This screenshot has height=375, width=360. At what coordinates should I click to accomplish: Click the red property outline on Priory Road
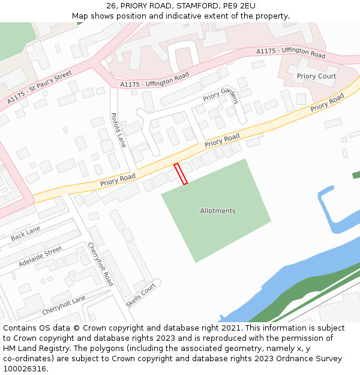pos(181,173)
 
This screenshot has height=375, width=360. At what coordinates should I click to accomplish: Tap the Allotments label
pos(218,211)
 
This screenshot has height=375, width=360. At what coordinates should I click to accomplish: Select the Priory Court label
pos(316,76)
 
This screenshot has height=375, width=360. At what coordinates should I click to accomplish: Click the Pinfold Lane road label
pos(118,130)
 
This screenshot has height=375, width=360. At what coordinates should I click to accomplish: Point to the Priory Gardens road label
pos(221,95)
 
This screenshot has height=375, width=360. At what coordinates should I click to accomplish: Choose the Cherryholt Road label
pos(100,263)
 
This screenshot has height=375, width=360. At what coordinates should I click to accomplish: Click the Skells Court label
pos(141,295)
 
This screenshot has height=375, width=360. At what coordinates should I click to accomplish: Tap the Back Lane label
pos(25,233)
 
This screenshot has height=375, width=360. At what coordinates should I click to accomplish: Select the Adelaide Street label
pos(40,256)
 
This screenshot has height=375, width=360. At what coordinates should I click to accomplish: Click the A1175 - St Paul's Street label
pos(40,88)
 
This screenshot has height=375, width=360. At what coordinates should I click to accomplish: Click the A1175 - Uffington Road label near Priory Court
pos(290,53)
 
